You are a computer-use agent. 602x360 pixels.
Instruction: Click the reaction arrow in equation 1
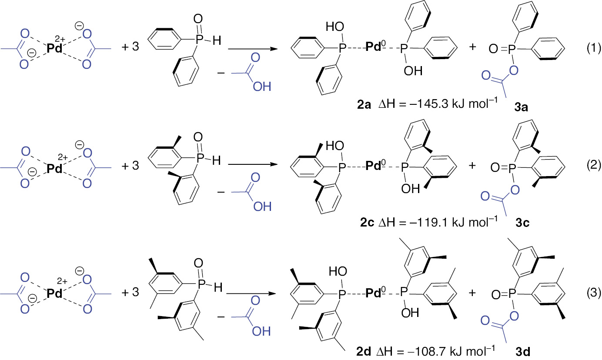click(252, 49)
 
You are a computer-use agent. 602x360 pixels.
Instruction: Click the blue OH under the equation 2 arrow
click(261, 206)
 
